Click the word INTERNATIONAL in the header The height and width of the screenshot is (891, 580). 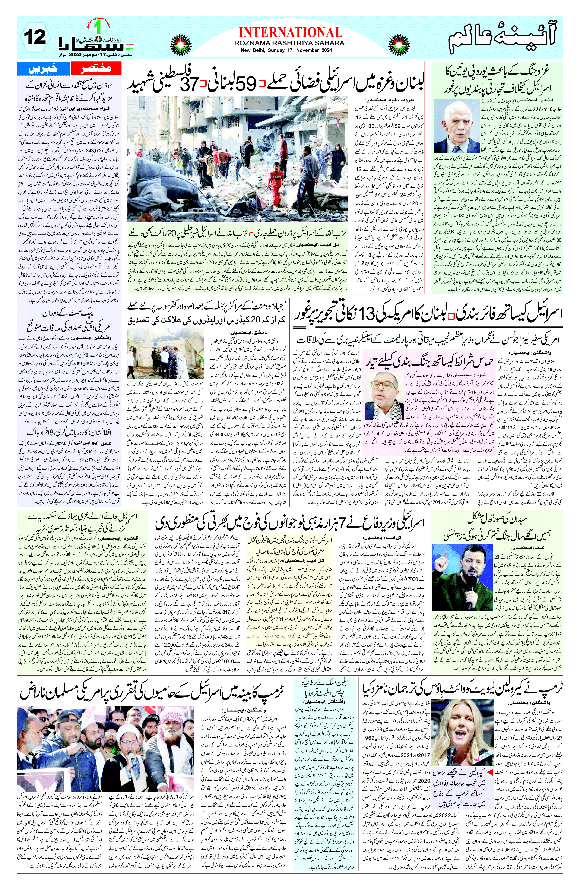click(290, 31)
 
